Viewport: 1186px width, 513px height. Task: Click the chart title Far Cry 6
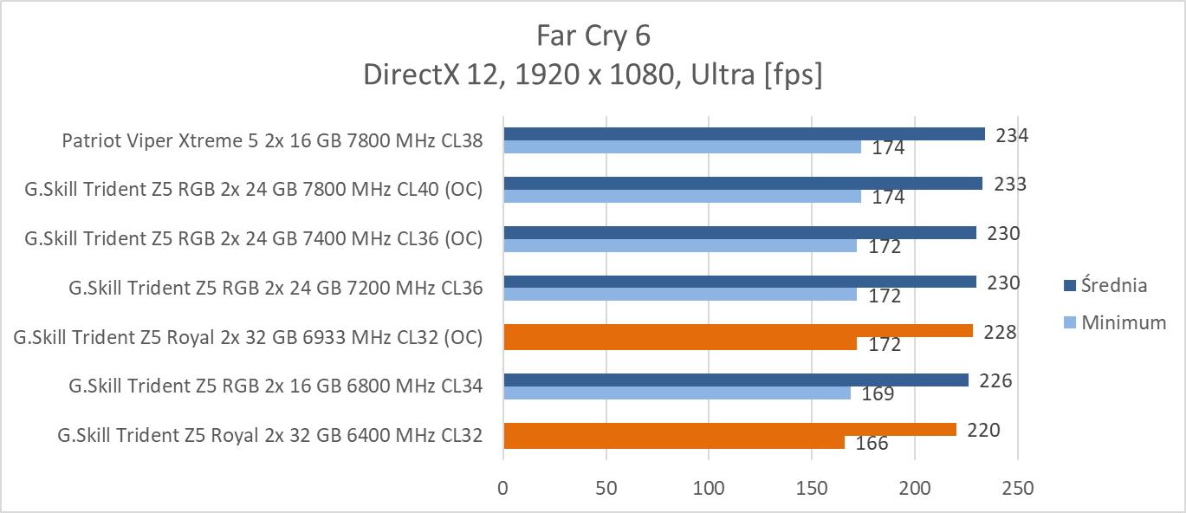click(x=593, y=36)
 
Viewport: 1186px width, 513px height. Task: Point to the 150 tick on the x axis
click(x=812, y=489)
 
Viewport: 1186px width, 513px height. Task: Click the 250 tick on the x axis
click(x=1017, y=489)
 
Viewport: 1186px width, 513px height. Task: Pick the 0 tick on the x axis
click(x=503, y=489)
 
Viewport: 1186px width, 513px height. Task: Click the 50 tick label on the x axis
click(x=606, y=489)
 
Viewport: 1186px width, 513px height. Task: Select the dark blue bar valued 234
click(x=743, y=133)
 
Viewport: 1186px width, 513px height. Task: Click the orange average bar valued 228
click(x=737, y=331)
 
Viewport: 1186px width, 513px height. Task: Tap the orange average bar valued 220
click(x=729, y=429)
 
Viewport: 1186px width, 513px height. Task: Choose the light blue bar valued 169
click(x=677, y=393)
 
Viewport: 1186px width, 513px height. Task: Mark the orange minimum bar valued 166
click(x=673, y=442)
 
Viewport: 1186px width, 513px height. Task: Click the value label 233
click(x=1010, y=184)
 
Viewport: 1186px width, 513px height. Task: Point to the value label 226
click(x=995, y=381)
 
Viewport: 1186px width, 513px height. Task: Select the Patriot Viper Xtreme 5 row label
click(x=271, y=140)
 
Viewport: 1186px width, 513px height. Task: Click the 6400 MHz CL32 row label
click(x=269, y=435)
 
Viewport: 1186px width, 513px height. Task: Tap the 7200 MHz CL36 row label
click(x=275, y=288)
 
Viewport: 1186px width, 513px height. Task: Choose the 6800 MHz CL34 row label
click(x=275, y=386)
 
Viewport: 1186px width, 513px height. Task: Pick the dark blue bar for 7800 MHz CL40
click(x=742, y=183)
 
